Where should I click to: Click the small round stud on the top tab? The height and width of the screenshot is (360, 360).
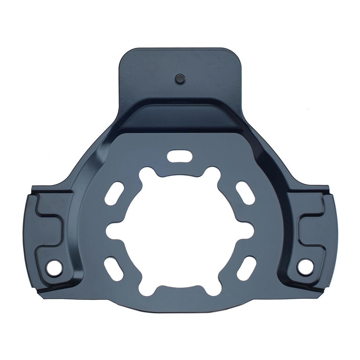180,79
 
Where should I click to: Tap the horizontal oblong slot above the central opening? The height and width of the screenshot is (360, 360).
180,156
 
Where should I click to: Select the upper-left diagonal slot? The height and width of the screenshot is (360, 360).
114,193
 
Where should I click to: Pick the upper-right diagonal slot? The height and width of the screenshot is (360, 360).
245,193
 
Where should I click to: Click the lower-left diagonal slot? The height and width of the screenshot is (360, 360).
114,269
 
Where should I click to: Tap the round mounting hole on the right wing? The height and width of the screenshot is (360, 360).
305,267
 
